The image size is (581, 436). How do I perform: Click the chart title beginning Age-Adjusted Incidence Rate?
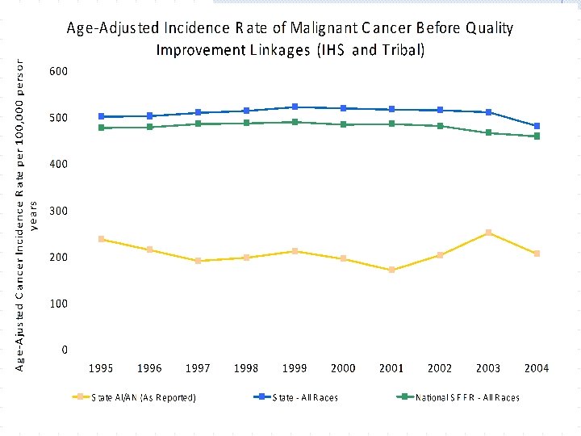(x=290, y=39)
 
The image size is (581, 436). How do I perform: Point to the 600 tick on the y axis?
(x=58, y=71)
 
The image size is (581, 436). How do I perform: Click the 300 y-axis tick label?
(x=58, y=211)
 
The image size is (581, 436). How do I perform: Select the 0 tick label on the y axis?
(x=64, y=350)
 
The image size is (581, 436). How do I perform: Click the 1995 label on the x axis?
(x=101, y=368)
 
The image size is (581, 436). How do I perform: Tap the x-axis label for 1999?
(x=295, y=368)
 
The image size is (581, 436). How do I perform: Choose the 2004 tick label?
(x=537, y=368)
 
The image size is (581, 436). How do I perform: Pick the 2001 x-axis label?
(x=391, y=368)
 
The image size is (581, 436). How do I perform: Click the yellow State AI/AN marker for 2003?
(x=488, y=233)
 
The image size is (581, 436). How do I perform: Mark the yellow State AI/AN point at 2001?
(x=391, y=270)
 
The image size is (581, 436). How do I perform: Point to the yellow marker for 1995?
(x=101, y=239)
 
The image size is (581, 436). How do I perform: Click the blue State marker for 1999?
(x=295, y=107)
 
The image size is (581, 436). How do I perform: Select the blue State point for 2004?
(x=537, y=126)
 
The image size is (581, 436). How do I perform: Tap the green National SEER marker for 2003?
(x=488, y=132)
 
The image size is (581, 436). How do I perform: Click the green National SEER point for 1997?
(x=198, y=124)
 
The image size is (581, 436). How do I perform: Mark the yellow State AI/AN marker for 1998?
(x=246, y=258)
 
